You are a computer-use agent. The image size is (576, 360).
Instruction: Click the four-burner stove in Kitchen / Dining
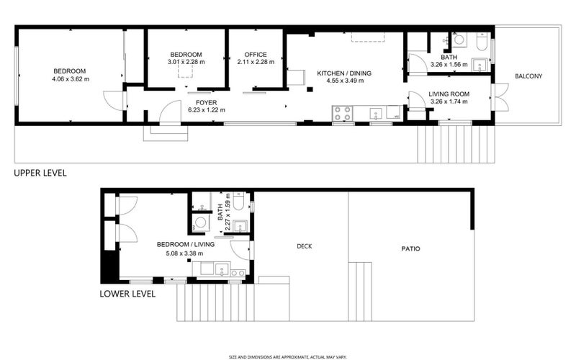(x=342, y=113)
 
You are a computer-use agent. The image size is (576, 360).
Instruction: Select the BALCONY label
(x=528, y=76)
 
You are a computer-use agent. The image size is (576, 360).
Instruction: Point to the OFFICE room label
(x=255, y=55)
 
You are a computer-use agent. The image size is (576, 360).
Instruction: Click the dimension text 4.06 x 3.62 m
(x=70, y=79)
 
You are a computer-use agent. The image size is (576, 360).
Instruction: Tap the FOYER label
(x=207, y=102)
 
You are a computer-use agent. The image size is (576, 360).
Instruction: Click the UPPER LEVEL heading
(x=40, y=173)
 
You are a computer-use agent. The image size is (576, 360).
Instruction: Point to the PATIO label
(x=411, y=249)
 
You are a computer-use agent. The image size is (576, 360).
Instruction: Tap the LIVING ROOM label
(x=449, y=94)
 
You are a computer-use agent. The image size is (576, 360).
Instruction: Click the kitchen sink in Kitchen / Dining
(x=374, y=113)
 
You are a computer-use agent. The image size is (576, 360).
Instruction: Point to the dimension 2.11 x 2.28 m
(x=256, y=63)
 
